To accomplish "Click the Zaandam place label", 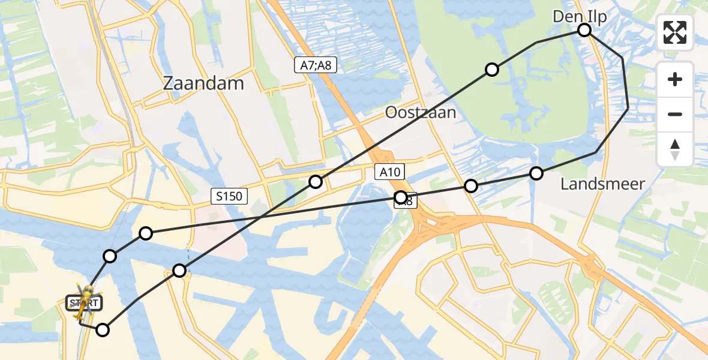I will [203, 83].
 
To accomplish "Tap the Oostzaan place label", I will [421, 112].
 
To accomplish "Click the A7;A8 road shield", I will [315, 65].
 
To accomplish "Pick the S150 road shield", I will [229, 196].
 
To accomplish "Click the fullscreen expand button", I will [675, 32].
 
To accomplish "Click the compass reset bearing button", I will [675, 149].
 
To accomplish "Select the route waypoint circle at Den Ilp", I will [584, 30].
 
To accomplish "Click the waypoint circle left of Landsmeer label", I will [536, 173].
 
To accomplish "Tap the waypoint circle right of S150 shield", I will [316, 181].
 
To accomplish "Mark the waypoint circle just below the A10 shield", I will [400, 197].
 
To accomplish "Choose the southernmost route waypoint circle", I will [103, 329].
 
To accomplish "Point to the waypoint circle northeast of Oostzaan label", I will [492, 70].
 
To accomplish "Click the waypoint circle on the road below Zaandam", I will [146, 233].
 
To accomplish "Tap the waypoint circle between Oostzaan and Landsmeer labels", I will [472, 186].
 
